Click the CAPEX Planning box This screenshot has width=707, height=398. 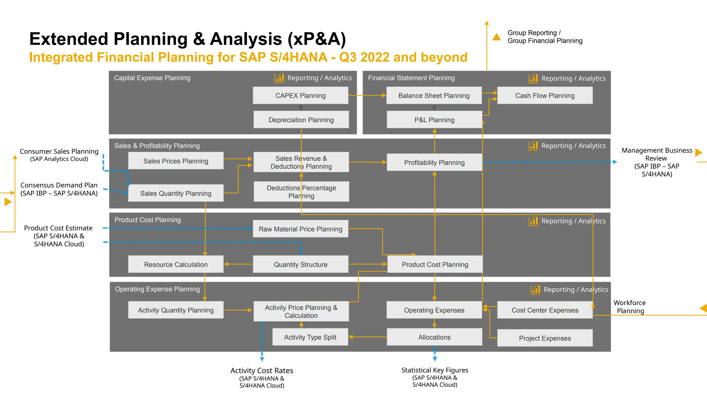click(300, 95)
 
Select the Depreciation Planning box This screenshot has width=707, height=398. click(301, 120)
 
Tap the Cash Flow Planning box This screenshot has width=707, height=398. click(545, 95)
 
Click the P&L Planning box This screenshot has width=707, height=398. click(434, 120)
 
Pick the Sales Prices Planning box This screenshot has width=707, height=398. click(176, 161)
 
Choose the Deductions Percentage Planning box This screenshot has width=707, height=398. click(301, 191)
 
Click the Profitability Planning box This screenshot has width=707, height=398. click(434, 162)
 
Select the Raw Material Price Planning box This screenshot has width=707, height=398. click(300, 229)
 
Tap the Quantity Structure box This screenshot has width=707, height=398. click(300, 264)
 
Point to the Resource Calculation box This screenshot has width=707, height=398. click(176, 264)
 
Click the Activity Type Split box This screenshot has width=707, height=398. click(310, 337)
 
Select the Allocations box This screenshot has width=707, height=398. click(434, 337)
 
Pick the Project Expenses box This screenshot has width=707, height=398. click(545, 338)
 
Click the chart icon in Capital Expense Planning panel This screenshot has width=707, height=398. click(279, 78)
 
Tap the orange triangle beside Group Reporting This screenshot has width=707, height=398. click(496, 37)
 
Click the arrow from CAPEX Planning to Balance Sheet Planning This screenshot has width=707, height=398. click(367, 95)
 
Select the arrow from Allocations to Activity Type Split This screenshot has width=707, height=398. click(367, 337)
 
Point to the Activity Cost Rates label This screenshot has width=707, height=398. click(262, 370)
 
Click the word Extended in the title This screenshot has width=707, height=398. click(69, 39)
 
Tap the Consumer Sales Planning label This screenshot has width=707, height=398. click(59, 151)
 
